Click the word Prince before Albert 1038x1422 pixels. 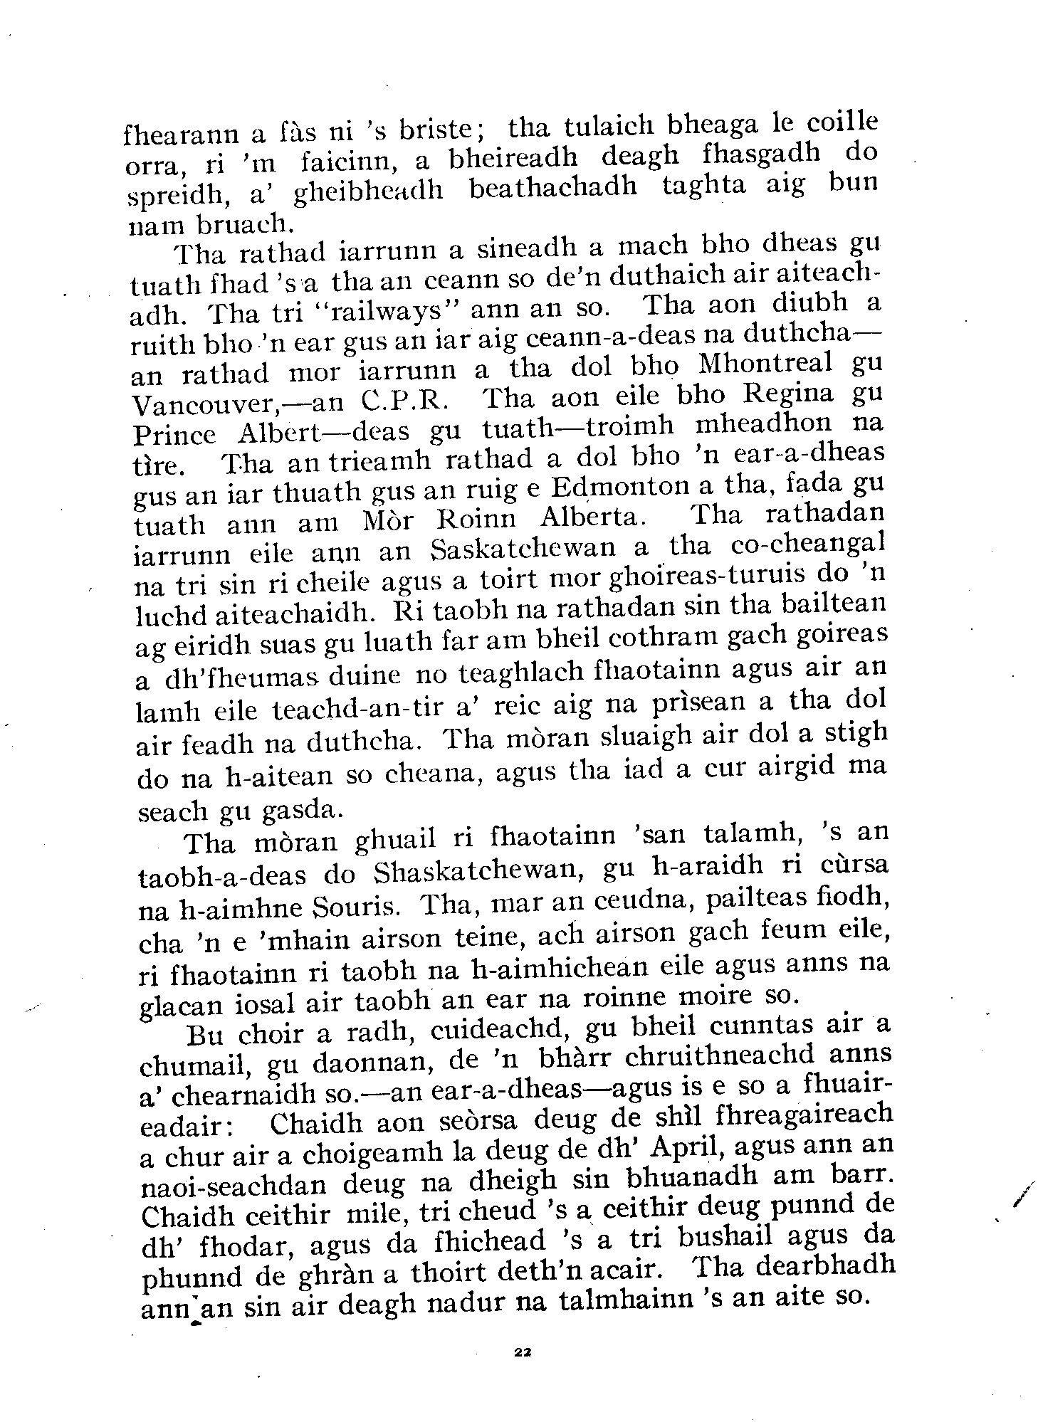coord(174,432)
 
